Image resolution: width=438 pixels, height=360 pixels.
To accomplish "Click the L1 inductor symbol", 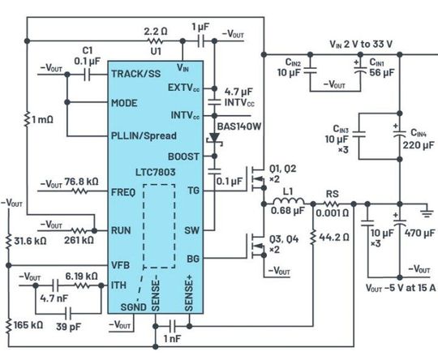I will click(289, 201).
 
